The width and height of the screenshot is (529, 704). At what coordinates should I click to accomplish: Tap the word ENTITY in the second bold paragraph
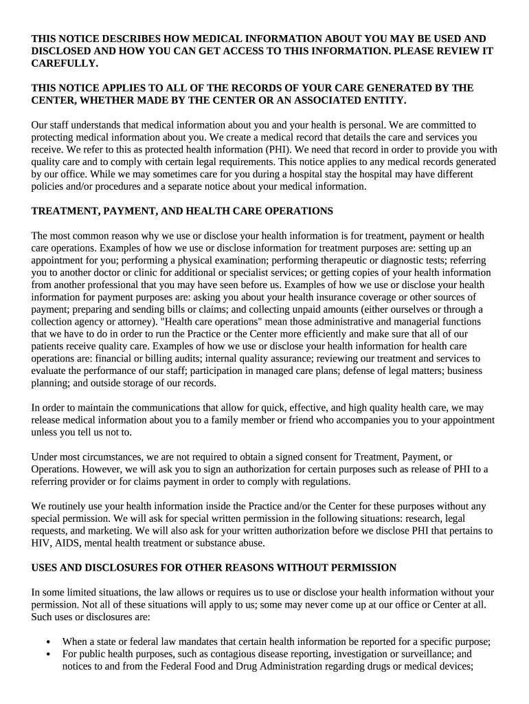tap(383, 100)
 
